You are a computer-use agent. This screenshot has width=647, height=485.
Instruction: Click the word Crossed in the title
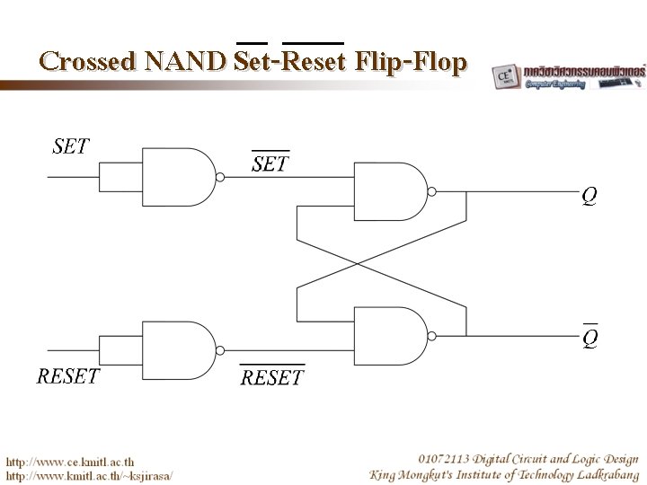point(86,62)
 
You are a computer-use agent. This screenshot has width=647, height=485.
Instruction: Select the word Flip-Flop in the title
point(412,62)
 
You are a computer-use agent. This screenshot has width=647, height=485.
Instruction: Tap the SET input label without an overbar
point(71,145)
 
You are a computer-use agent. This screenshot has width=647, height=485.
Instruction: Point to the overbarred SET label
point(270,164)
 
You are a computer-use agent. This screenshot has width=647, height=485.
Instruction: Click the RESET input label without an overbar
point(68,375)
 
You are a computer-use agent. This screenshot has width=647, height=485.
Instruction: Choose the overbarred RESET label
point(272,377)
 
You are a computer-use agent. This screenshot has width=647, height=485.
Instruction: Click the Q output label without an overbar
point(589,196)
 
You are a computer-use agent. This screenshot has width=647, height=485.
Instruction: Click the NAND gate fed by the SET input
point(176,177)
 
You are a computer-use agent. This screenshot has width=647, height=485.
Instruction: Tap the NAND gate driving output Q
point(391,191)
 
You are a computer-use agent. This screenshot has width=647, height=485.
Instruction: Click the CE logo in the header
point(504,76)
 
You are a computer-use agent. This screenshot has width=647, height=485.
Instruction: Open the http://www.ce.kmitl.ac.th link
point(72,461)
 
